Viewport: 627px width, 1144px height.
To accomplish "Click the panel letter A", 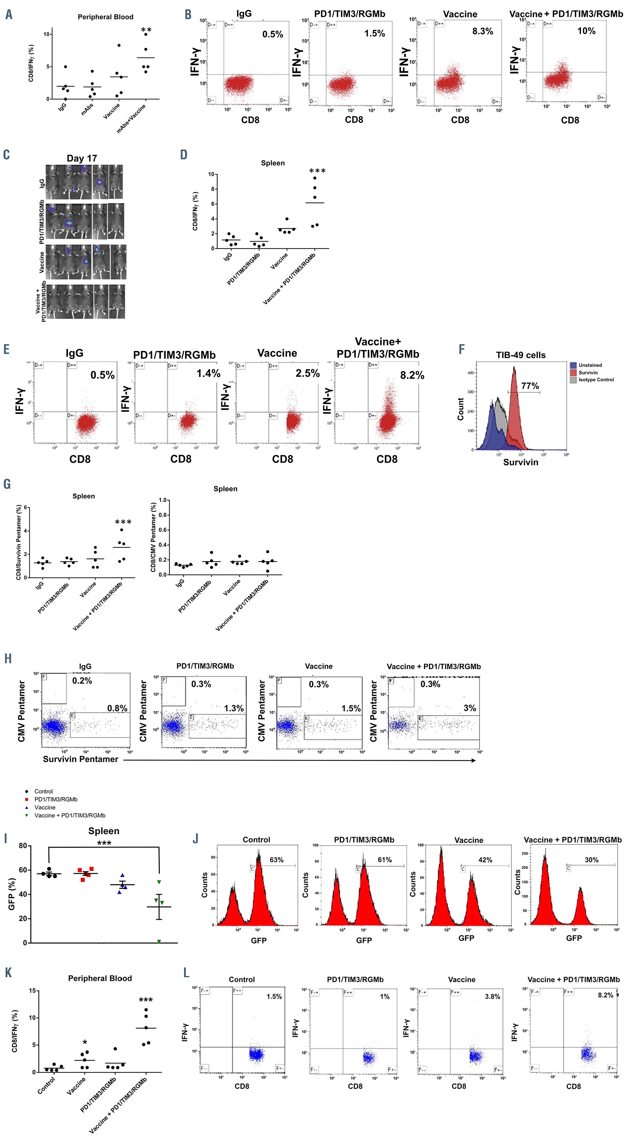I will coord(8,15).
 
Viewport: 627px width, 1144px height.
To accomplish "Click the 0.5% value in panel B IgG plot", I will coord(272,35).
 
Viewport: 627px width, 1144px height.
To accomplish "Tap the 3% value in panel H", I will coord(470,708).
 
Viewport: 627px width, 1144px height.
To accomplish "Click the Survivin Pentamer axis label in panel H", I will coord(80,759).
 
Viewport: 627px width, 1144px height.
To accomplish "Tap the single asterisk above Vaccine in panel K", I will coord(85,1043).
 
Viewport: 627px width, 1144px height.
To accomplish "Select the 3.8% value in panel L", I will coord(492,996).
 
